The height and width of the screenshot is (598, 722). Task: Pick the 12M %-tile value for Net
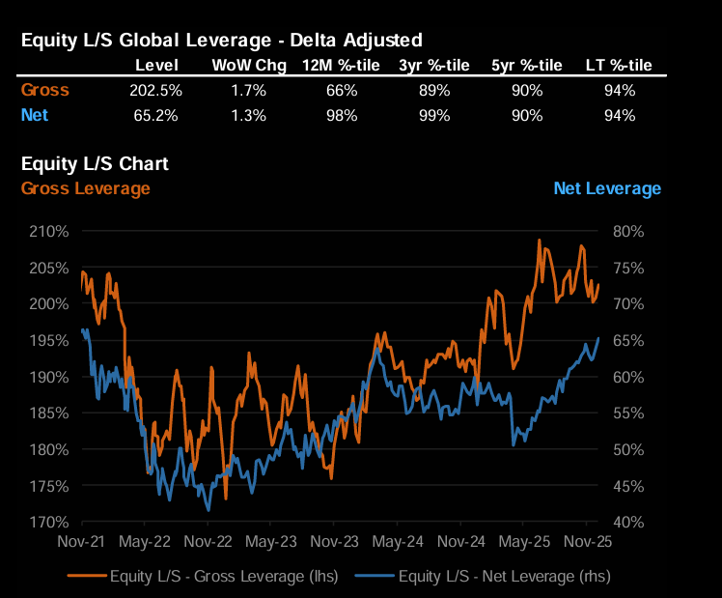click(x=342, y=115)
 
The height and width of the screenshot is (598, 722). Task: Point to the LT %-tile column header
click(x=619, y=66)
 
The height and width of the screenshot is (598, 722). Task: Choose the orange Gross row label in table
click(x=45, y=91)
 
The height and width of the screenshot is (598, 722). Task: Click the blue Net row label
click(x=35, y=115)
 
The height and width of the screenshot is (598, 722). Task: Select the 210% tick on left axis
click(x=48, y=231)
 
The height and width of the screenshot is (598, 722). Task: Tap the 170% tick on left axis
click(x=48, y=522)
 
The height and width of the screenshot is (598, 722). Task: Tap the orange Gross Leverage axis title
click(x=85, y=188)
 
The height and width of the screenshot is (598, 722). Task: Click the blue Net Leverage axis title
click(x=607, y=188)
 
